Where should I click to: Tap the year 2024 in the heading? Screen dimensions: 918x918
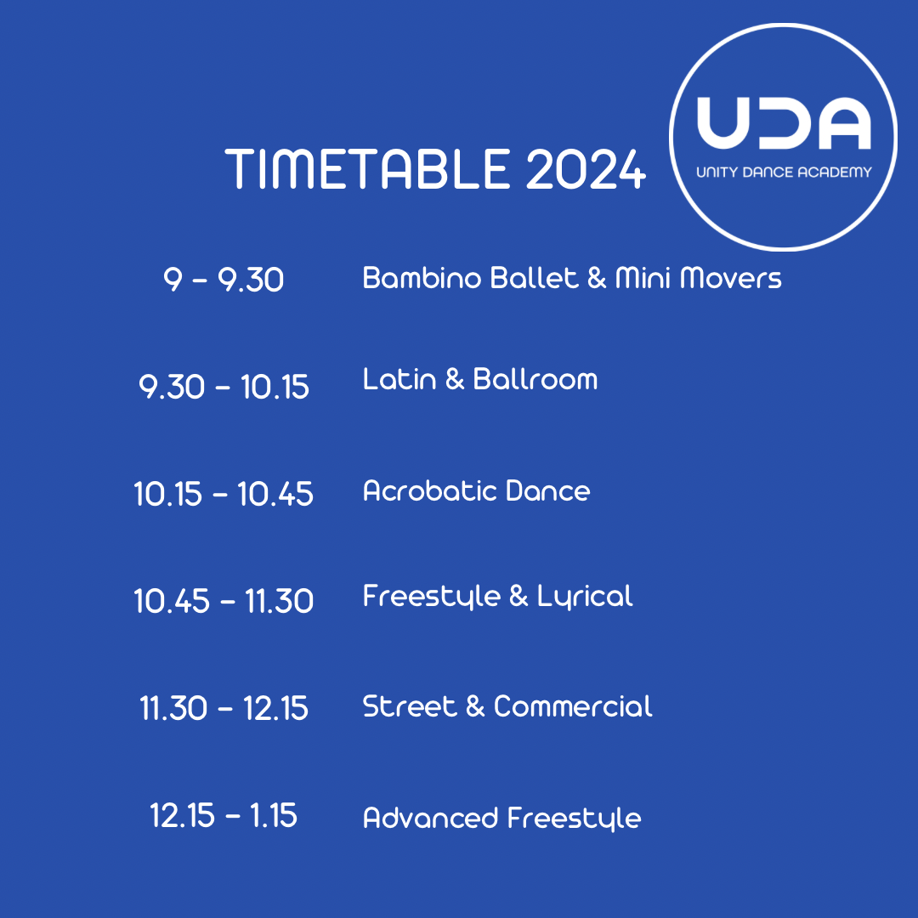tap(586, 170)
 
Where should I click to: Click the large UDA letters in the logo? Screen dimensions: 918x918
tap(783, 124)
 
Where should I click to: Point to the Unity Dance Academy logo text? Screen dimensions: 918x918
tap(784, 173)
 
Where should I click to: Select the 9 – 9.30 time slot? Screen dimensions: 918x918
tap(224, 279)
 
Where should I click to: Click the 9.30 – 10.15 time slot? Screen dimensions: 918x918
tap(224, 388)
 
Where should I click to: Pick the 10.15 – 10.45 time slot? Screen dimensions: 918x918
tap(224, 494)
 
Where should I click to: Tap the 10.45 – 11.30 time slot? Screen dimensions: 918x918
tap(224, 601)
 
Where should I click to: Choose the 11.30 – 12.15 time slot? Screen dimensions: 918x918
tap(224, 708)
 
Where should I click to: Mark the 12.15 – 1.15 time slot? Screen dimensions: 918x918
tap(224, 816)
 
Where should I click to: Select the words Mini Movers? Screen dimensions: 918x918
tap(698, 278)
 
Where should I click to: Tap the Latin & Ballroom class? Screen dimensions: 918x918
tap(480, 379)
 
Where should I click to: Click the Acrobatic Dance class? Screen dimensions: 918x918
tap(476, 490)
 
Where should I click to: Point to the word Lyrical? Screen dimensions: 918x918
tap(585, 597)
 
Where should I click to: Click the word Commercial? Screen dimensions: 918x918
tap(573, 706)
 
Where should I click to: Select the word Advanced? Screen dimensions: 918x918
tap(430, 818)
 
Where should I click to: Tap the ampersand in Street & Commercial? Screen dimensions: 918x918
tap(474, 706)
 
